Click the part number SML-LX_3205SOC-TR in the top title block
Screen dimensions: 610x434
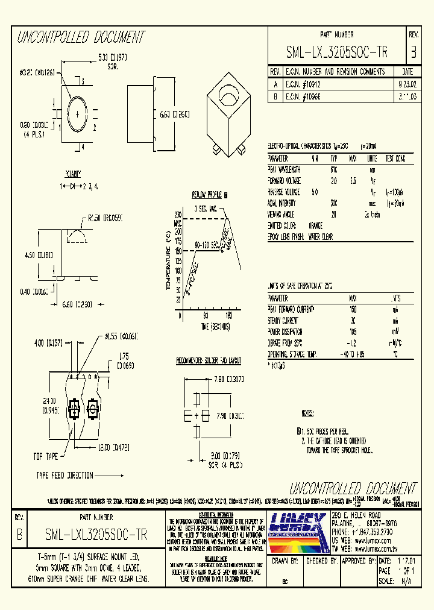click(x=336, y=52)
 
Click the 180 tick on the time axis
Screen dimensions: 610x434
click(x=229, y=315)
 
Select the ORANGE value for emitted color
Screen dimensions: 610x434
click(x=316, y=225)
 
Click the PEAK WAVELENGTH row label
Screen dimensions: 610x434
click(x=285, y=170)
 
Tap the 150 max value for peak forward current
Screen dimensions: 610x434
click(x=353, y=309)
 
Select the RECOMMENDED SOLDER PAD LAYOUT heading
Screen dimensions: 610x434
click(x=209, y=360)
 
